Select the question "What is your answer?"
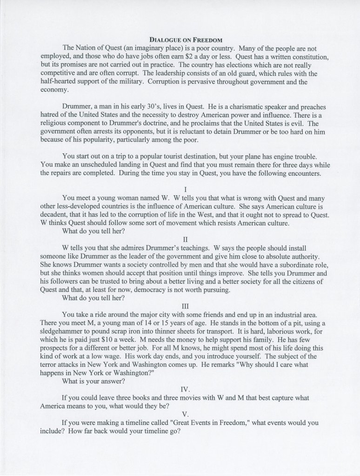pos(93,381)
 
